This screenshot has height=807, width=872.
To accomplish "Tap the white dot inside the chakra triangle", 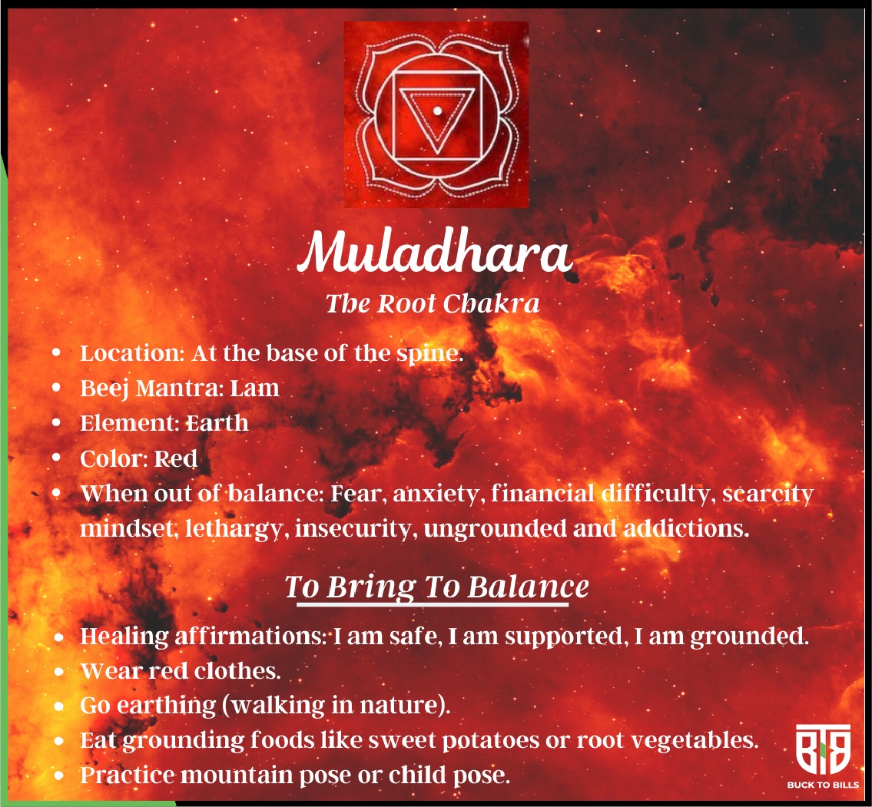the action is pos(438,111).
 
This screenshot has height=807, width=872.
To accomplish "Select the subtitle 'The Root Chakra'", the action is pos(433,303).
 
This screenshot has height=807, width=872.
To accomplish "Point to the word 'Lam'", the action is pos(255,388).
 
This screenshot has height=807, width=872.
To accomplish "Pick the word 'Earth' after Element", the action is pos(217,423).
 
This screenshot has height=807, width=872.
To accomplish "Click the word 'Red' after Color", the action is pos(176,458).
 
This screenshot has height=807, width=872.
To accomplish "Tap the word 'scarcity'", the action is pos(768,494).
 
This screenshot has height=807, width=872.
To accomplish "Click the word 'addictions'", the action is pos(686,528).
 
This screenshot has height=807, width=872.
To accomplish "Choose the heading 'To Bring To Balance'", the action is pos(436,587).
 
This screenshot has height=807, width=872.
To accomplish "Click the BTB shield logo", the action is pos(823,749).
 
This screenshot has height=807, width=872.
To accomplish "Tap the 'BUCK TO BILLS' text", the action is pos(823,785).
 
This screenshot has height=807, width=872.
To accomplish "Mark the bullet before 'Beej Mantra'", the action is pos(56,388).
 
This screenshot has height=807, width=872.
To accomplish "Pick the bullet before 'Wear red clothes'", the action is pos(59,671).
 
